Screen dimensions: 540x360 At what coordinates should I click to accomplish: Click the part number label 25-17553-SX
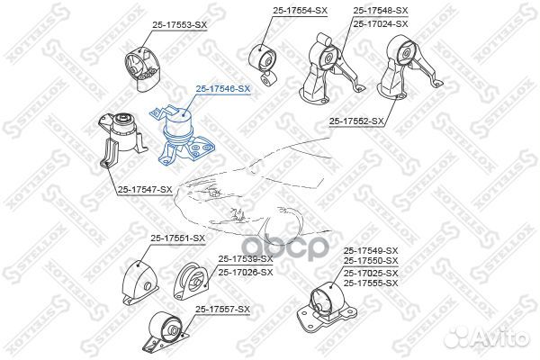180,25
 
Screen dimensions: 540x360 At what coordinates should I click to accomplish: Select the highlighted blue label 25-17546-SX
223,88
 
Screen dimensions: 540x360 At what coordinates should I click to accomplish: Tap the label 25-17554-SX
300,11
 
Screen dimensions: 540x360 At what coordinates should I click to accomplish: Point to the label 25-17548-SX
381,11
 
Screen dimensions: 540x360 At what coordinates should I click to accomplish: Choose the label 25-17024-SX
381,23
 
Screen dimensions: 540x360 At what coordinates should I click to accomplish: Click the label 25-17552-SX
356,121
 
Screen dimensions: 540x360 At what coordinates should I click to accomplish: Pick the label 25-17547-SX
145,190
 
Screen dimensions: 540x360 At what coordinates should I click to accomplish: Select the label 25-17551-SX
177,238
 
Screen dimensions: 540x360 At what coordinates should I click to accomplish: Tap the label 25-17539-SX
246,258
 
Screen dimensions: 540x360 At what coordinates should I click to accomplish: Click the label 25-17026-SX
246,272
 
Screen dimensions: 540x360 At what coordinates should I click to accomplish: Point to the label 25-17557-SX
222,310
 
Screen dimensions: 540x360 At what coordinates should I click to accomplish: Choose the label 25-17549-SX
371,250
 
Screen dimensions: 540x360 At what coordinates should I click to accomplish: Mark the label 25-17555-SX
371,283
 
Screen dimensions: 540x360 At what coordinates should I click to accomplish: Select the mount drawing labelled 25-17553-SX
142,68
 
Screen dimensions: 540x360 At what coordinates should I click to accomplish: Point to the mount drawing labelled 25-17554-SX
264,65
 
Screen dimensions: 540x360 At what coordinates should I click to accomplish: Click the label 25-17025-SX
371,274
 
